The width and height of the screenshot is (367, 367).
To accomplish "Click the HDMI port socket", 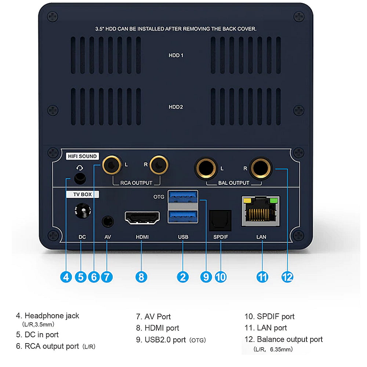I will [x=143, y=218].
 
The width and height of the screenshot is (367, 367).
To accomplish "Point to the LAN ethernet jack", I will [x=261, y=211].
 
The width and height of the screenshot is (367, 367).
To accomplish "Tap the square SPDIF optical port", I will [x=220, y=221].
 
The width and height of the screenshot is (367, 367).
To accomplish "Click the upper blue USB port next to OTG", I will [x=183, y=197].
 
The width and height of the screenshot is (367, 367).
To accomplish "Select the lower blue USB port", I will [x=183, y=217].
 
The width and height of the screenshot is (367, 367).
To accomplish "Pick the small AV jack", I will [x=107, y=222].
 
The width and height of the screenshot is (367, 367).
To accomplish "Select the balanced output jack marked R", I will [x=260, y=168].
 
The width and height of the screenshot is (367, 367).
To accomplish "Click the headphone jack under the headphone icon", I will [x=80, y=179].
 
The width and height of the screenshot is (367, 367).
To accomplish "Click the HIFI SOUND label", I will [x=82, y=156].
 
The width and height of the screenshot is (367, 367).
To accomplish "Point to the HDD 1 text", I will [x=176, y=55].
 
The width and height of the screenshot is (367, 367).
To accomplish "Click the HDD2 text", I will [x=176, y=107].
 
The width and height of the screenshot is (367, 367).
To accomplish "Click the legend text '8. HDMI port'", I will [x=157, y=328].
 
